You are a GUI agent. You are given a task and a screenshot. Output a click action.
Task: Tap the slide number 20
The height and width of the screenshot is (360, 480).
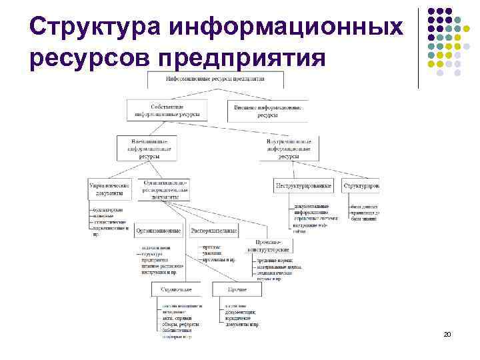(447, 333)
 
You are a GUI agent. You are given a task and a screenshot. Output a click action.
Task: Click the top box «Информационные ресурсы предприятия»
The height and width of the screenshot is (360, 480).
(215, 79)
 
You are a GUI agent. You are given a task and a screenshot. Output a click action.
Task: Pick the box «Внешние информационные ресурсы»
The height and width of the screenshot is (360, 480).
(267, 111)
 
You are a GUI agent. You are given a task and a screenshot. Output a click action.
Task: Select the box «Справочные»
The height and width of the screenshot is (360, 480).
(176, 289)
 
